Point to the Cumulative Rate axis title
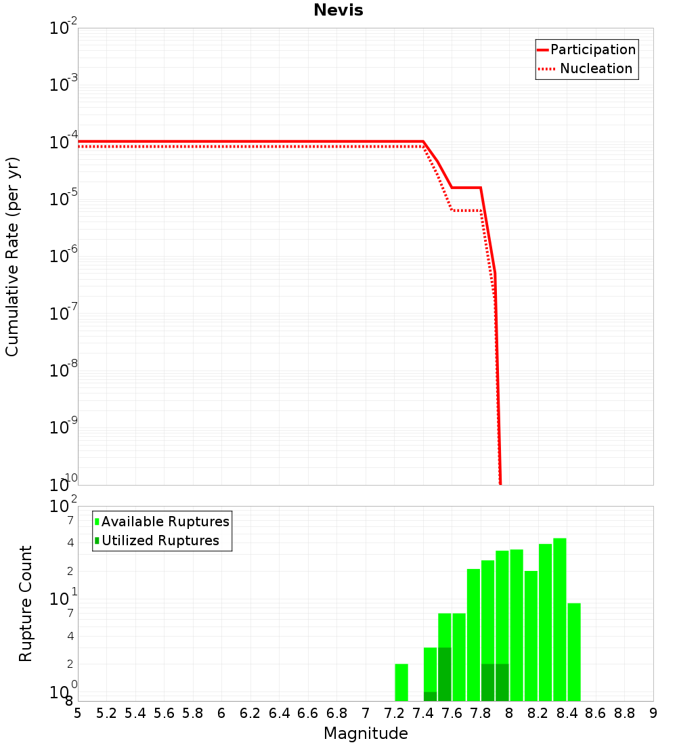12,256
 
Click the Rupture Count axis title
26,603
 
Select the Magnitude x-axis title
366,733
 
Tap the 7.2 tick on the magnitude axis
394,713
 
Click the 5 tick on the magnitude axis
78,713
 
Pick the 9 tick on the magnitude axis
653,713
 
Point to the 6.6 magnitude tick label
308,713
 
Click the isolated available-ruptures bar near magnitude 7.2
401,683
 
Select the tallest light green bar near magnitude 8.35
560,620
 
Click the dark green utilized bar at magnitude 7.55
445,675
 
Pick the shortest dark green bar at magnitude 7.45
431,696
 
